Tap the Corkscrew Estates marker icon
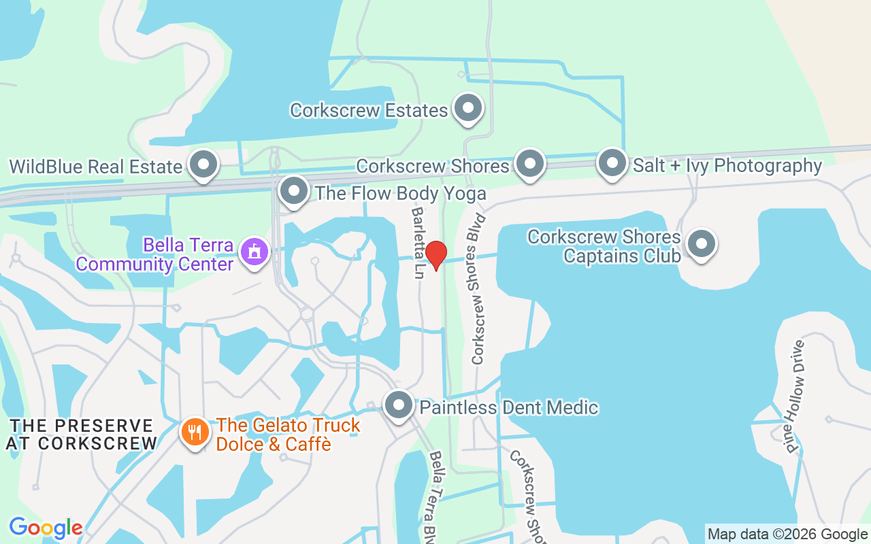pos(467,108)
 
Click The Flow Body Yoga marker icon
pos(294,191)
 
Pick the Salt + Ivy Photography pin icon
pos(612,163)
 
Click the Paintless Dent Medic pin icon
pos(399,406)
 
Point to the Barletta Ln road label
pos(417,242)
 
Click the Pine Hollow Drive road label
pos(795,396)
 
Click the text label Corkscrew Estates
pos(369,110)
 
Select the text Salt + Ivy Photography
pos(727,165)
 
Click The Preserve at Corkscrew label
pos(81,435)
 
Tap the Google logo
pos(46,528)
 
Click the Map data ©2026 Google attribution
pos(787,534)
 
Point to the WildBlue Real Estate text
pos(95,167)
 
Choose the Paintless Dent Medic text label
pos(509,408)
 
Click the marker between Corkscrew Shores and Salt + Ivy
pos(530,163)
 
